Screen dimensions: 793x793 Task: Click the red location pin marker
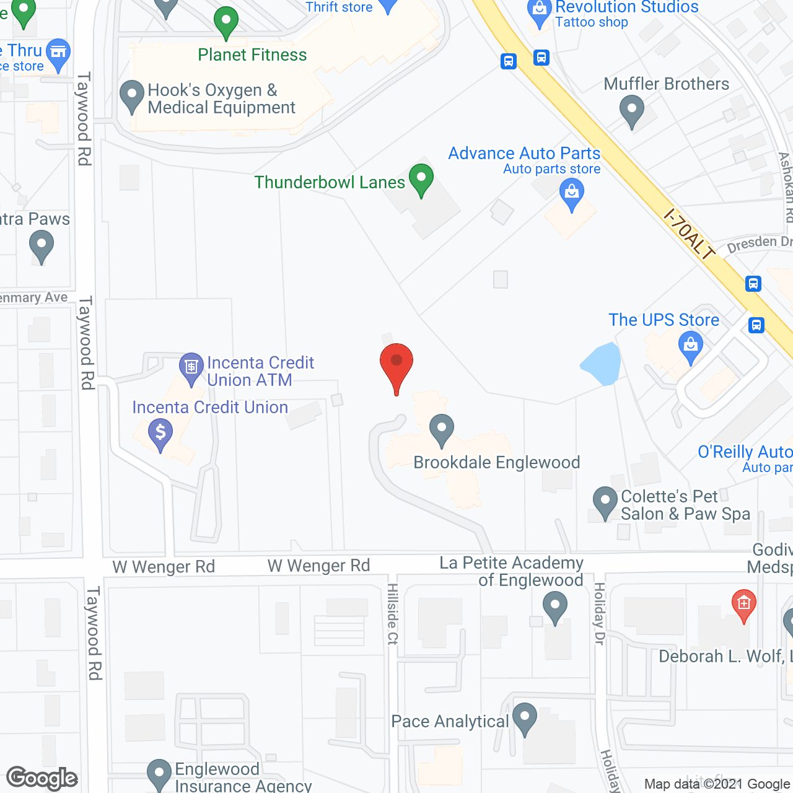click(396, 366)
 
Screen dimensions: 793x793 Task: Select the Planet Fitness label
click(252, 55)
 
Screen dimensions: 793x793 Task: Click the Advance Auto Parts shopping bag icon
click(571, 194)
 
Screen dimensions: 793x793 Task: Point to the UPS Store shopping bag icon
click(690, 344)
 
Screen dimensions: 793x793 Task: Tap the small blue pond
click(602, 364)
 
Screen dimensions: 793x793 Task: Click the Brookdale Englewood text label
click(496, 463)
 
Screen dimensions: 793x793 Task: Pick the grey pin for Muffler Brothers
click(632, 113)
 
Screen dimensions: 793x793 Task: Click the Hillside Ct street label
click(392, 613)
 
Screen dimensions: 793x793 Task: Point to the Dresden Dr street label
click(759, 243)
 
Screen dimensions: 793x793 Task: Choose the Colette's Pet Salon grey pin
click(605, 501)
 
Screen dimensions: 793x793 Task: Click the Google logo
click(42, 778)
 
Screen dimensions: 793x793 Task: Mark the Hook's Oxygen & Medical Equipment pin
click(131, 95)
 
